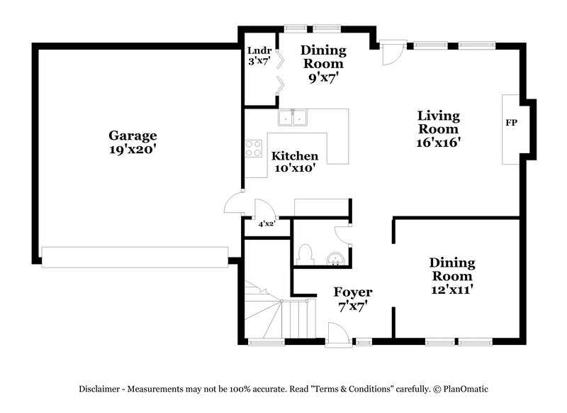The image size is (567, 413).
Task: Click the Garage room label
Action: (133, 136)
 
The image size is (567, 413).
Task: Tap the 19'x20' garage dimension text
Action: (133, 150)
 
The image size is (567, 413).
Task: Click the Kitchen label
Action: (295, 156)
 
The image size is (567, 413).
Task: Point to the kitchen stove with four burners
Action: (253, 148)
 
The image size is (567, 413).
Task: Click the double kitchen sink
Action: (292, 117)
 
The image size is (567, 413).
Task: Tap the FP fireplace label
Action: (511, 123)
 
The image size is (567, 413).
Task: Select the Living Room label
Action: (438, 122)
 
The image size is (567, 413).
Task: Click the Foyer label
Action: (353, 292)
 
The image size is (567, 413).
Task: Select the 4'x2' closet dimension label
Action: (266, 224)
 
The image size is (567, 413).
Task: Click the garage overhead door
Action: (135, 257)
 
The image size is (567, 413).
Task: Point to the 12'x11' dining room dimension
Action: (452, 289)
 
